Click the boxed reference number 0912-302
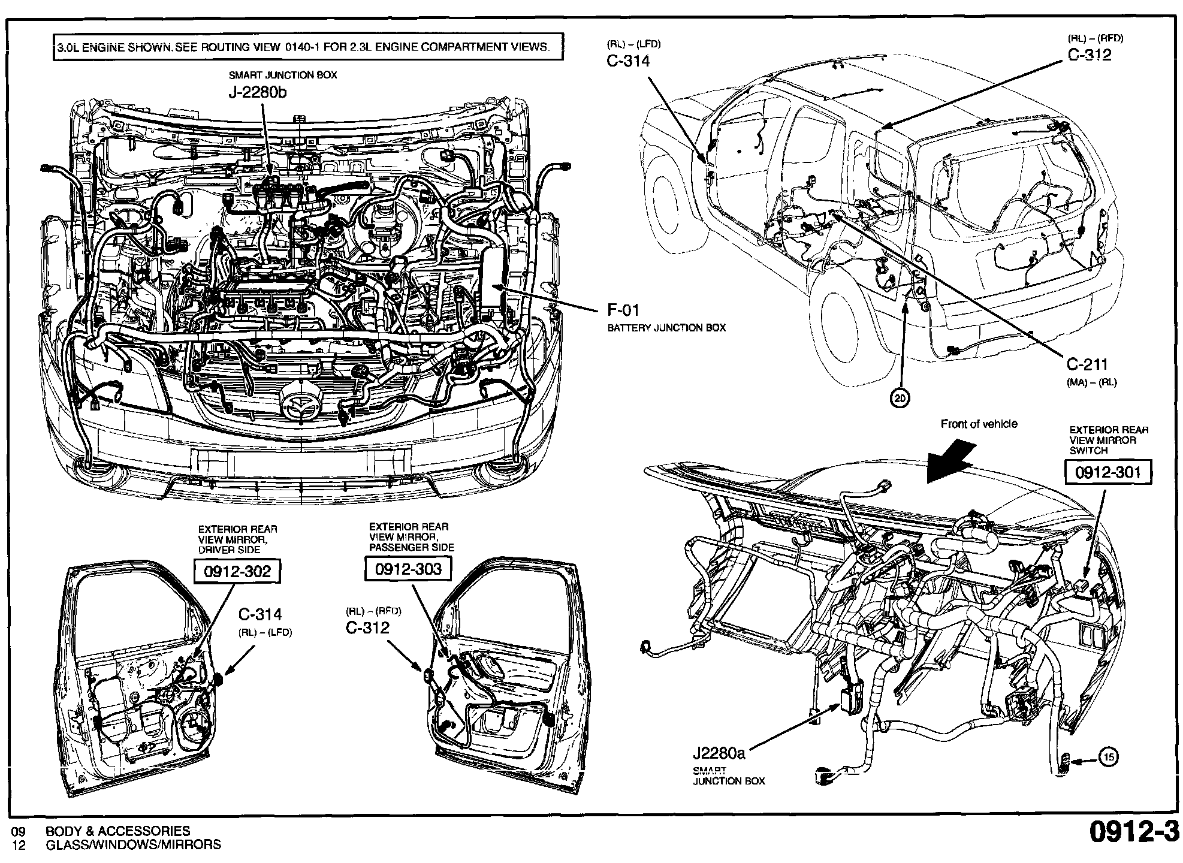coord(237,571)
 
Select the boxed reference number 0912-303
coord(408,569)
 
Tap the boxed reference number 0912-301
coord(1107,473)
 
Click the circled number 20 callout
coord(900,398)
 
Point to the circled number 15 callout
coord(1109,758)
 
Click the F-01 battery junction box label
coord(623,310)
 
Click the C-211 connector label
coord(1087,364)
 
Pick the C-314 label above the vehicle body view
coord(628,61)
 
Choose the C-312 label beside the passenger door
coord(367,627)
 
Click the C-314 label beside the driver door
coord(259,614)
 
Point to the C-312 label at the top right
coord(1090,55)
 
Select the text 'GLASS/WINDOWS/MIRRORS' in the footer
coord(133,845)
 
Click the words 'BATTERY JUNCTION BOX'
coord(666,328)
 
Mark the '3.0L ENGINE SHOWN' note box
coord(308,47)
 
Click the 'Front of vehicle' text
coord(979,424)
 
